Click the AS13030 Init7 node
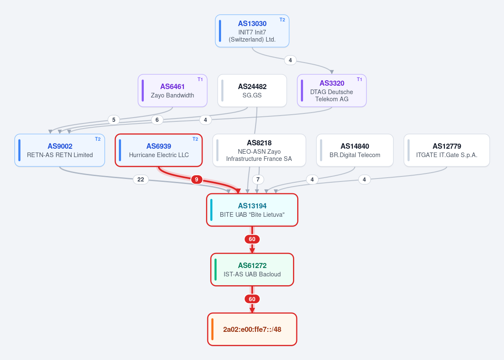[x=252, y=31]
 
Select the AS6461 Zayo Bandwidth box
[x=173, y=91]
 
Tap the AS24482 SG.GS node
[x=252, y=91]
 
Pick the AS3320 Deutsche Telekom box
[x=332, y=91]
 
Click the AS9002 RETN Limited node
[x=60, y=150]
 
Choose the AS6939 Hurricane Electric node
[x=159, y=150]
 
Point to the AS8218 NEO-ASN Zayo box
[x=259, y=150]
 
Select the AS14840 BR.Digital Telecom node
[x=355, y=150]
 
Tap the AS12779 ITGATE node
[x=447, y=150]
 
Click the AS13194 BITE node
[x=252, y=210]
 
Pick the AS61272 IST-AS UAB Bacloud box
[x=252, y=270]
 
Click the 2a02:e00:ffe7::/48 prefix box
[x=252, y=329]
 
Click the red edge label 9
[x=197, y=179]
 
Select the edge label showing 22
[x=141, y=179]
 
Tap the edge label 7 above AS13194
[x=258, y=179]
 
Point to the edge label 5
[x=114, y=120]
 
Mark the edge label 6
[x=157, y=120]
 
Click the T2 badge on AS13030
[x=282, y=20]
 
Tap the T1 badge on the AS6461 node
[x=200, y=79]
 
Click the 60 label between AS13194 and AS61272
[x=252, y=239]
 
